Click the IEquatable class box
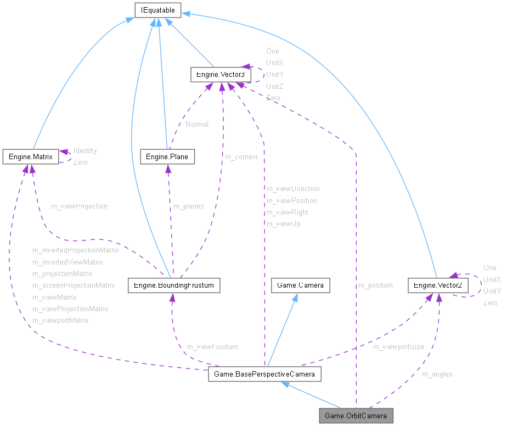(x=159, y=9)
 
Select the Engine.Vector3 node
(x=221, y=75)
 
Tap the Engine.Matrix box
(x=30, y=156)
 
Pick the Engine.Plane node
(x=167, y=156)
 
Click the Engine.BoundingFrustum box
(x=173, y=285)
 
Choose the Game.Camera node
(x=300, y=285)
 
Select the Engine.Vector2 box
(x=438, y=285)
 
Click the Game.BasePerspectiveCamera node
(x=264, y=375)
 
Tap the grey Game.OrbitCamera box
(x=356, y=416)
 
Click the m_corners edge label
(x=241, y=156)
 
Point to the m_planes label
(x=188, y=206)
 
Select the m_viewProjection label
(x=79, y=206)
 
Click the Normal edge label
(x=196, y=124)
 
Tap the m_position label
(x=375, y=285)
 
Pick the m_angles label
(x=437, y=374)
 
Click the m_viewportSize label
(x=398, y=346)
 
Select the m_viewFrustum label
(x=212, y=346)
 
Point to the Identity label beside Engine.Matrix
(x=85, y=150)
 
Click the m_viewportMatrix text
(x=60, y=320)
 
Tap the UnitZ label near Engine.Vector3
(x=274, y=86)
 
